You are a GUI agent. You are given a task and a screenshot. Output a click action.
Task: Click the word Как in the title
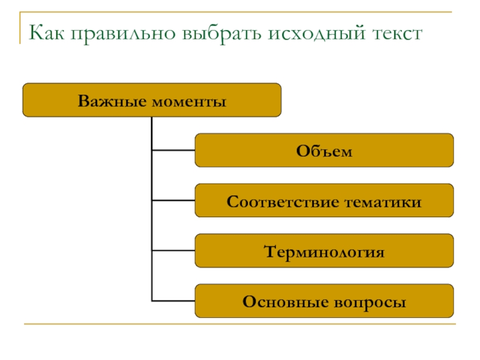pyautogui.click(x=47, y=32)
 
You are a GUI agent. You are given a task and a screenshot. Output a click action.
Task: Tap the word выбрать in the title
pyautogui.click(x=221, y=34)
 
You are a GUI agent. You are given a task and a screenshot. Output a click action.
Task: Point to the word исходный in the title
pyautogui.click(x=317, y=33)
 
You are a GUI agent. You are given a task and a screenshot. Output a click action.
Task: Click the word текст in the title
pyautogui.click(x=398, y=34)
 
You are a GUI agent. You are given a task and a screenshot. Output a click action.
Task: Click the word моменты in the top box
pyautogui.click(x=189, y=102)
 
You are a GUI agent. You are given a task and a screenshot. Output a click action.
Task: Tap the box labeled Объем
pyautogui.click(x=324, y=151)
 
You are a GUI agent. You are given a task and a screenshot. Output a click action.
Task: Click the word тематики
pyautogui.click(x=383, y=203)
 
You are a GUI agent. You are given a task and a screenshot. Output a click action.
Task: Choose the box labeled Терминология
pyautogui.click(x=324, y=251)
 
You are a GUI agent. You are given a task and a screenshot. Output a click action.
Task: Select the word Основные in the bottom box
pyautogui.click(x=286, y=302)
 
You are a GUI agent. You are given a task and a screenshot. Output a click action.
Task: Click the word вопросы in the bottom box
pyautogui.click(x=370, y=304)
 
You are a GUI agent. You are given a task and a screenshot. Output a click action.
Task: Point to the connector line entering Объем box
pyautogui.click(x=173, y=151)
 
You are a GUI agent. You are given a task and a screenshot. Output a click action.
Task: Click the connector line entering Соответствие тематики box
pyautogui.click(x=173, y=200)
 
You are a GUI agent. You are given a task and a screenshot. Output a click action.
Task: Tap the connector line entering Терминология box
pyautogui.click(x=173, y=251)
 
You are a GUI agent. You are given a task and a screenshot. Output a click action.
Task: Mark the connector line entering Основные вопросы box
pyautogui.click(x=173, y=301)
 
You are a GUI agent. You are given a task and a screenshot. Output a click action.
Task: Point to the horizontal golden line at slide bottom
pyautogui.click(x=240, y=323)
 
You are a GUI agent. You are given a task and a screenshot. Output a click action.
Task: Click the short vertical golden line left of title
pyautogui.click(x=20, y=28)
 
